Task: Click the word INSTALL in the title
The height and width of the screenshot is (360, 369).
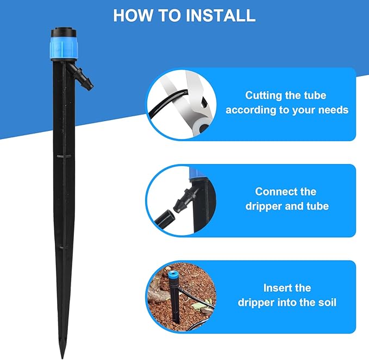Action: (x=221, y=15)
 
